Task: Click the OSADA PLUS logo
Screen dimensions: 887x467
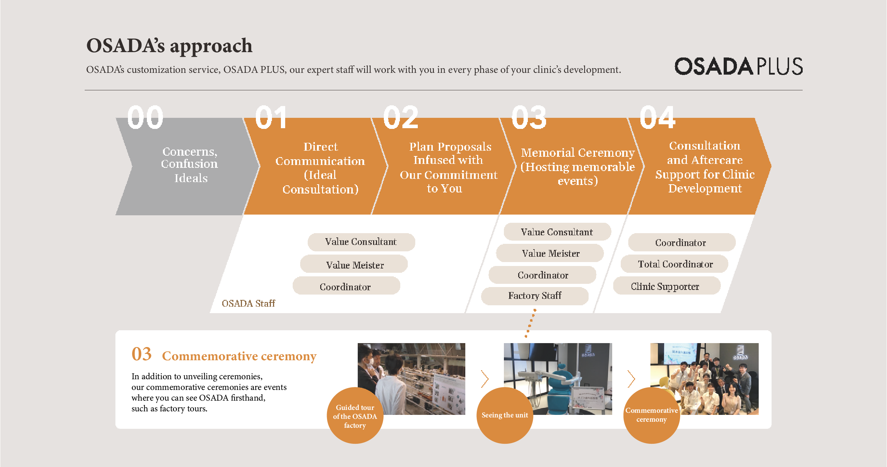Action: coord(738,66)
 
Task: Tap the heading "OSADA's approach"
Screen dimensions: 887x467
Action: coord(169,46)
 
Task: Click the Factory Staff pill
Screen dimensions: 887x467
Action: coord(535,296)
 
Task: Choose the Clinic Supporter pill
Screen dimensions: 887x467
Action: coord(667,286)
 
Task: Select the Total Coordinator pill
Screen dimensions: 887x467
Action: coord(674,264)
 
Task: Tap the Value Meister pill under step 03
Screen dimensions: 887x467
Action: coord(550,253)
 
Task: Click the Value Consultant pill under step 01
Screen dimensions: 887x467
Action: coord(361,242)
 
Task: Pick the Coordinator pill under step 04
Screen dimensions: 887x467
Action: coord(682,242)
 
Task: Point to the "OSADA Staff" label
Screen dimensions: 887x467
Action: coord(248,303)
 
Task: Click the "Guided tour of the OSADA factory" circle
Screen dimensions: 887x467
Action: coord(355,416)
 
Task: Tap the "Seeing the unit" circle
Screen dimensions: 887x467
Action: coord(505,416)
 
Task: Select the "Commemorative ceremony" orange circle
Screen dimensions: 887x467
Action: coord(651,416)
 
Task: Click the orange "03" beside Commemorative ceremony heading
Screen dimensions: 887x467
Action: coord(142,354)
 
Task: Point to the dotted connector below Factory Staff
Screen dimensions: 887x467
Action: coord(530,323)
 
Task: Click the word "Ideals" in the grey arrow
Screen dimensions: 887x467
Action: coord(191,178)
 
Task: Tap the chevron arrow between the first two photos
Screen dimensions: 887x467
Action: coord(485,379)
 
